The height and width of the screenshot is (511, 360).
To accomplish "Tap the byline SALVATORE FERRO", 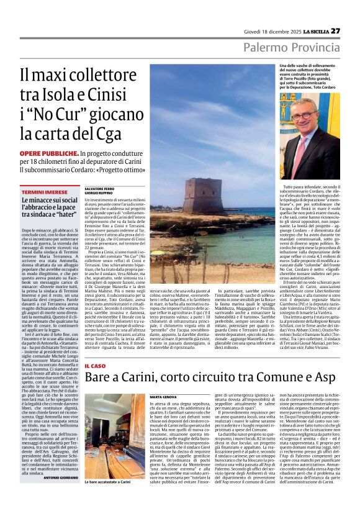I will pyautogui.click(x=98, y=188).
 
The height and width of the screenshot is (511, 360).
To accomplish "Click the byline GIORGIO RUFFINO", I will pyautogui.click(x=97, y=193).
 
